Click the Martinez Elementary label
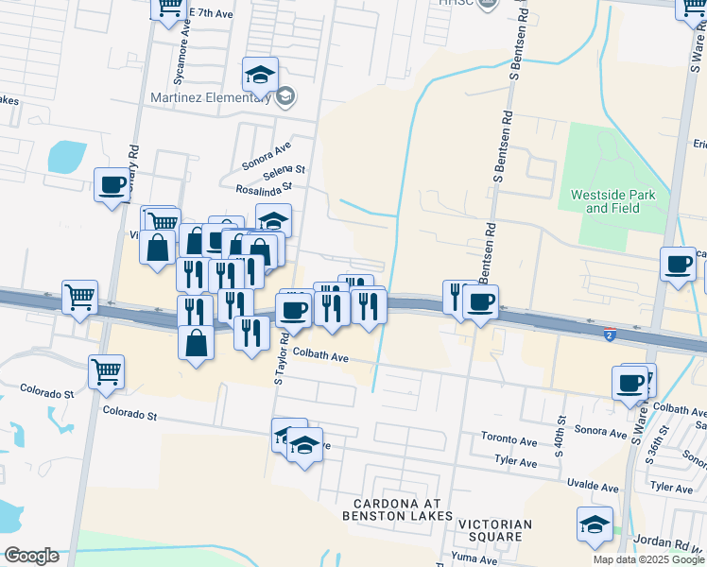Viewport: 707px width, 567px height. (211, 97)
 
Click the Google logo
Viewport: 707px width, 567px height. (30, 556)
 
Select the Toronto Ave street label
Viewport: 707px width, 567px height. (509, 439)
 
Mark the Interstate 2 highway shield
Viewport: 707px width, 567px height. (612, 335)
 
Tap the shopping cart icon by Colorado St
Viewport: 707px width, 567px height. (107, 370)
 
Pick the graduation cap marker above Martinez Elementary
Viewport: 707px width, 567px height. (261, 74)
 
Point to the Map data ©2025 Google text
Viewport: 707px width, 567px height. (647, 559)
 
